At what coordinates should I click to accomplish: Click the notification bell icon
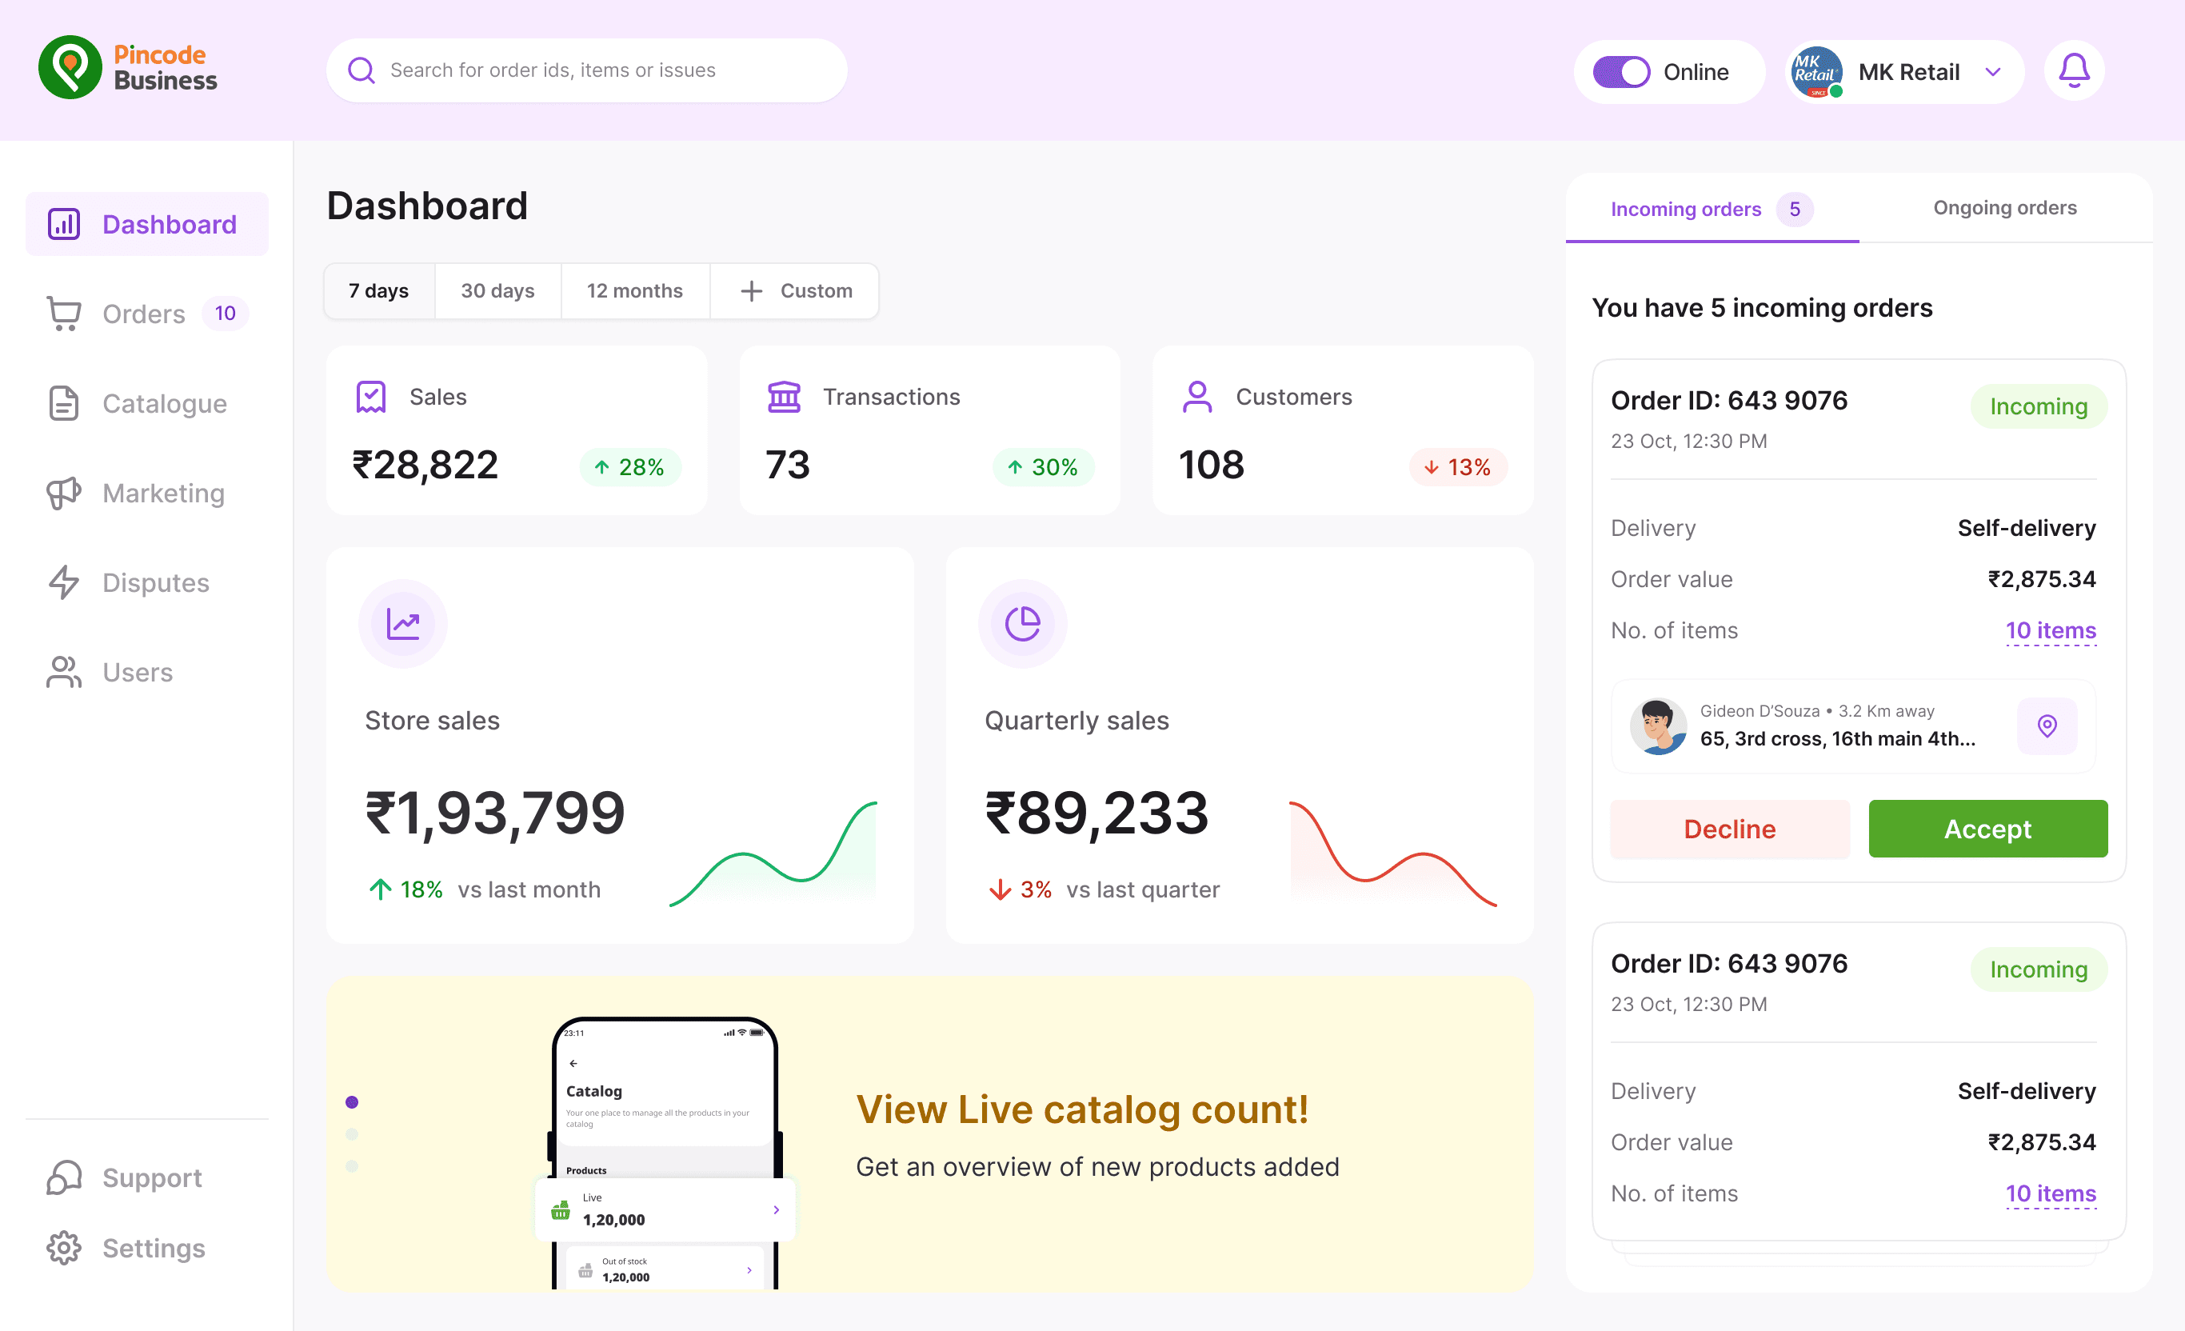click(2073, 71)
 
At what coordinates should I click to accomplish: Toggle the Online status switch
click(1621, 72)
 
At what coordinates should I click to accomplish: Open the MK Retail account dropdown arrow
click(1992, 72)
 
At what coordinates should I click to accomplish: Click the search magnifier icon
click(361, 70)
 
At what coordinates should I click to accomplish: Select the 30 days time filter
click(497, 291)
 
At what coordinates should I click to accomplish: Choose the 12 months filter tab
click(635, 291)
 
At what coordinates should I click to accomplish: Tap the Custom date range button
click(796, 291)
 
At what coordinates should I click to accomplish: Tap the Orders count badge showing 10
click(226, 313)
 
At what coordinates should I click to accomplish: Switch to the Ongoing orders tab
click(2005, 207)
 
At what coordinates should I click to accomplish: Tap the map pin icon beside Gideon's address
click(2047, 726)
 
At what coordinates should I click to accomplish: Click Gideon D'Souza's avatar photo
click(1658, 726)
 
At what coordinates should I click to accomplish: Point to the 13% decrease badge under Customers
click(1458, 467)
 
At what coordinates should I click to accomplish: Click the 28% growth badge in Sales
click(629, 467)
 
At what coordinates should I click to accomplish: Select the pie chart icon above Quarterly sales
click(1021, 623)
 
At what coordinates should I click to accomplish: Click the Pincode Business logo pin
click(70, 67)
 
